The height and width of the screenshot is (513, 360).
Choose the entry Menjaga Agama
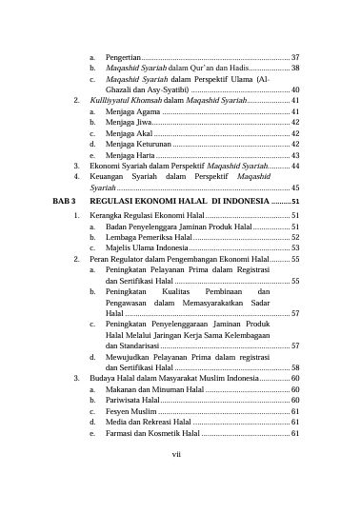(131, 112)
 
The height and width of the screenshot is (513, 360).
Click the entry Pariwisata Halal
(136, 401)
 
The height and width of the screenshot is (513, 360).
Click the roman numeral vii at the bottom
(176, 454)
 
